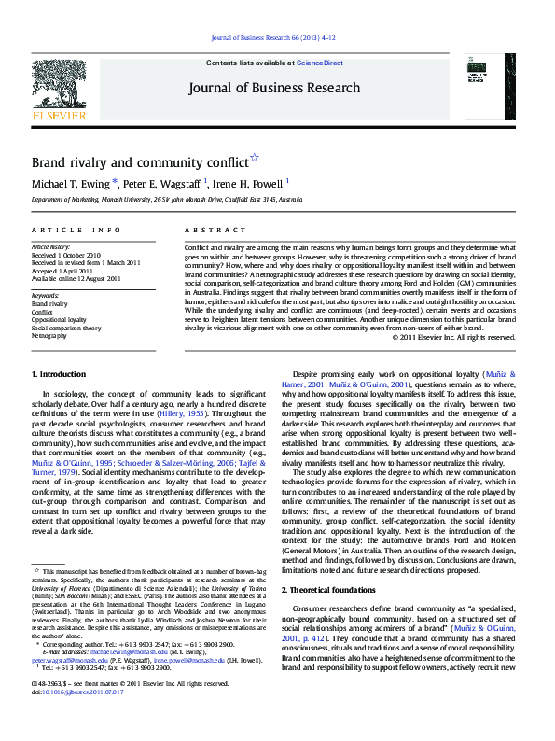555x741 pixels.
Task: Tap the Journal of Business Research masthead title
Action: (x=273, y=88)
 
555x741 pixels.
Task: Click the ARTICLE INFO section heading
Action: (x=76, y=230)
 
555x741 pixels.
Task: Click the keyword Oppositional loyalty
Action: (x=58, y=319)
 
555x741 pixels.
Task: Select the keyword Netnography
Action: (x=49, y=335)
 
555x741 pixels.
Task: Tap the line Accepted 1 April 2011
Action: (x=64, y=271)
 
